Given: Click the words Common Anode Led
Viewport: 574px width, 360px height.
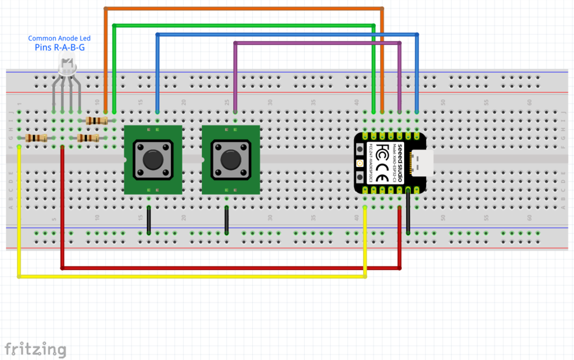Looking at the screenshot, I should point(59,38).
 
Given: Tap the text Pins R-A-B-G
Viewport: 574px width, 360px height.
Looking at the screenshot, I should point(59,48).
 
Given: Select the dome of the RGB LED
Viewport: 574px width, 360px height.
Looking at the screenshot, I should point(67,68).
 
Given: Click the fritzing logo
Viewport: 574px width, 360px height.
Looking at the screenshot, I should point(35,349).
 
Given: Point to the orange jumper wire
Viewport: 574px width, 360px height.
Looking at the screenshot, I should point(241,9).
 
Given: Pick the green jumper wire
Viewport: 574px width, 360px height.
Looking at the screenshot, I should point(241,25).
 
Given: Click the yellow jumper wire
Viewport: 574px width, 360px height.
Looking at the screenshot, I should point(191,276).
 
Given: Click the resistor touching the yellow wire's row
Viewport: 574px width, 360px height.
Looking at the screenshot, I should point(36,139).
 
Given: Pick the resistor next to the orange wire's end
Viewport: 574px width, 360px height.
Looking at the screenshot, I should point(97,121).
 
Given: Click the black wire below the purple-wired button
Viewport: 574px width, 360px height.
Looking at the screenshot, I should point(226,220).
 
